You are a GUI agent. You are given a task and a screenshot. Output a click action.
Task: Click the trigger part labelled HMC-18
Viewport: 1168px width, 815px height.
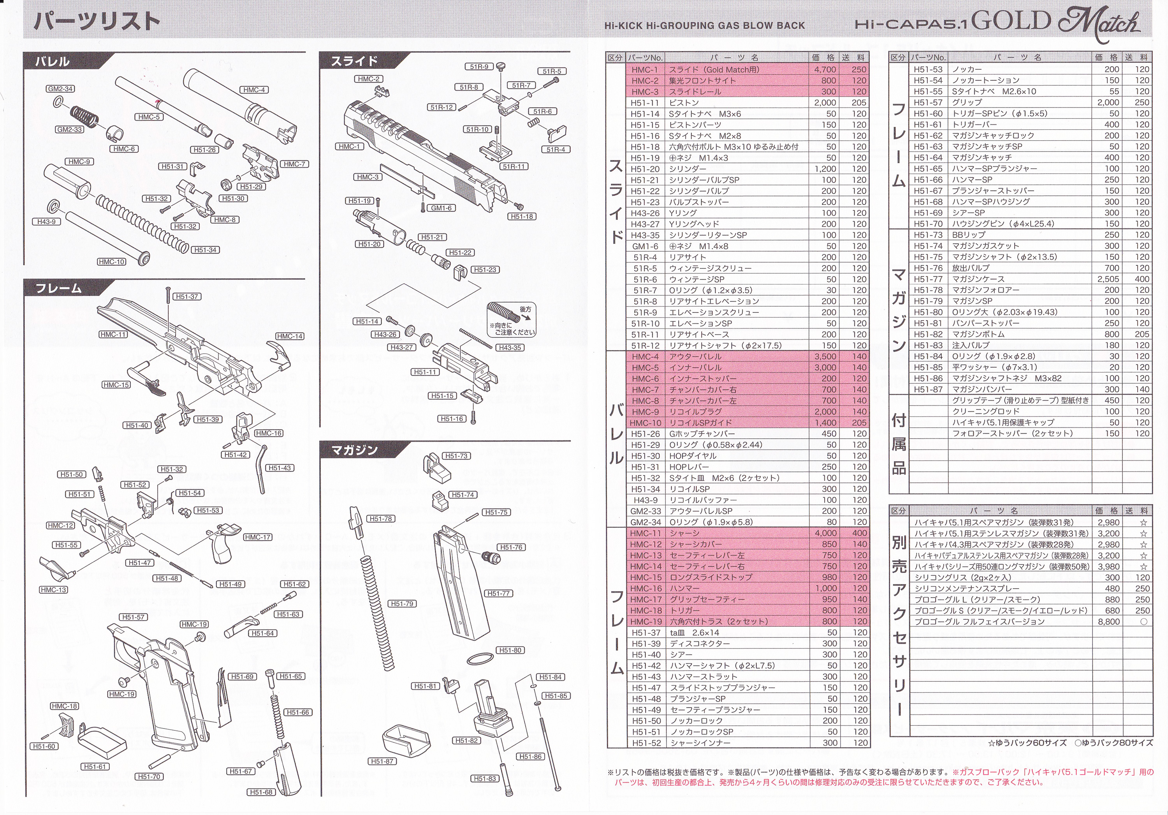point(67,725)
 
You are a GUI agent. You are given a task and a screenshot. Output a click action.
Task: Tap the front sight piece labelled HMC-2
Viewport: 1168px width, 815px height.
point(382,92)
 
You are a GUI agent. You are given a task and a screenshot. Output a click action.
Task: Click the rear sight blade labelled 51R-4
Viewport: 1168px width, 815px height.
point(556,134)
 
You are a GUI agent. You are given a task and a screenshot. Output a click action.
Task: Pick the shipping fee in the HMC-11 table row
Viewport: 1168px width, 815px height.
point(860,533)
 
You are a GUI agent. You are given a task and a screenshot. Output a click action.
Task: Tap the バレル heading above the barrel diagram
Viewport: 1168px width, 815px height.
point(53,62)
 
